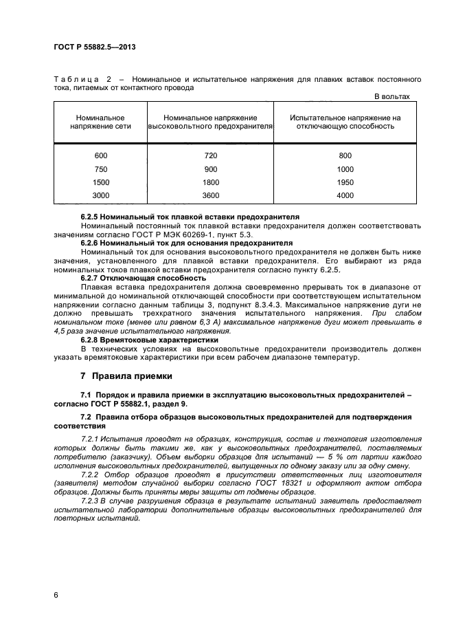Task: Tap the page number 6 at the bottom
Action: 56,593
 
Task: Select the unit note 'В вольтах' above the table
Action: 391,96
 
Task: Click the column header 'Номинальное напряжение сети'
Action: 100,122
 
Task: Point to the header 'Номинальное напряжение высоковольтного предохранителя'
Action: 211,122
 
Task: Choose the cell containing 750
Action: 101,168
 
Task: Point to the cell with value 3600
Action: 211,196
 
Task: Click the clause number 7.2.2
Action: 91,474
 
